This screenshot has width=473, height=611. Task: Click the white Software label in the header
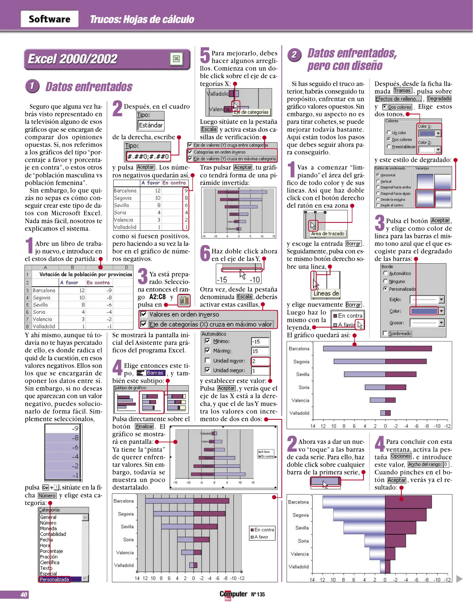click(x=49, y=19)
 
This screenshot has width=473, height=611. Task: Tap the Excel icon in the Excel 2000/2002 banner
click(x=176, y=59)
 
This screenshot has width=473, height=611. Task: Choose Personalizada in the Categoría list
click(x=54, y=580)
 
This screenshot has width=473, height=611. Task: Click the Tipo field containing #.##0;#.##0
click(x=148, y=156)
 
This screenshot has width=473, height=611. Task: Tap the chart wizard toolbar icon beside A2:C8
click(x=184, y=300)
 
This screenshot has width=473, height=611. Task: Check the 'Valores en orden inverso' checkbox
click(x=144, y=314)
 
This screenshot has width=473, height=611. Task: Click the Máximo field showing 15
click(x=260, y=351)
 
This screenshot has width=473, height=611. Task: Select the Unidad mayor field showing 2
click(x=260, y=361)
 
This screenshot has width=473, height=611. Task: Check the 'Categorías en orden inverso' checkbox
click(x=190, y=152)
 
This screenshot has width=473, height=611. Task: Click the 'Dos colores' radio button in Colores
click(x=389, y=139)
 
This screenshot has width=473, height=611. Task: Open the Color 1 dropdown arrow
click(x=438, y=134)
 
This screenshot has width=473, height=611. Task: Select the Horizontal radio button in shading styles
click(x=378, y=175)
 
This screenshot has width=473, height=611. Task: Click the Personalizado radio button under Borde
click(x=385, y=289)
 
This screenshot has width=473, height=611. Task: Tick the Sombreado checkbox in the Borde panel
click(x=385, y=333)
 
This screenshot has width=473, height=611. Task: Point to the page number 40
click(x=24, y=595)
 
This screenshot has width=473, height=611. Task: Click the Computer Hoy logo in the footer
click(x=233, y=595)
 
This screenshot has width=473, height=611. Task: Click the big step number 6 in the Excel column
click(x=205, y=253)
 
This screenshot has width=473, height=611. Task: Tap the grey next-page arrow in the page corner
click(x=459, y=579)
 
